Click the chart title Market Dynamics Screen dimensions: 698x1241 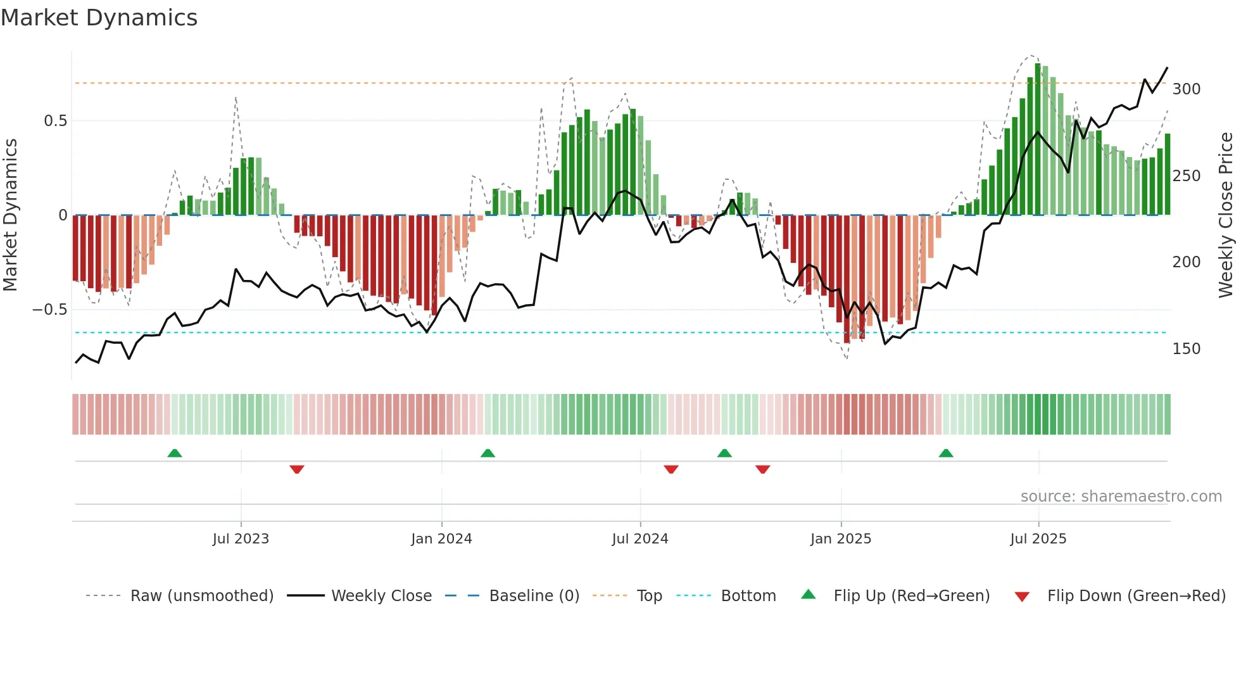99,18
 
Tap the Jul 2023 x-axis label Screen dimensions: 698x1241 241,539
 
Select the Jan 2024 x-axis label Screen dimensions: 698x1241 441,539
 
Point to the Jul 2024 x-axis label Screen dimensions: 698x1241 640,539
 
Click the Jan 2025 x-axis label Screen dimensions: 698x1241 841,539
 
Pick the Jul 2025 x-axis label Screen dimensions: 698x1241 1038,539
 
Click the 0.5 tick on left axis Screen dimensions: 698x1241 55,121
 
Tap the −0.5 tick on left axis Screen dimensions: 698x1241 50,310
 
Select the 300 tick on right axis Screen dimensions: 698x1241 1186,89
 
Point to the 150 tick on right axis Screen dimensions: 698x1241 1186,349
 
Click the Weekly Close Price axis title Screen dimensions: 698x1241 1226,215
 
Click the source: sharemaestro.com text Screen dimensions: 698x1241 1121,497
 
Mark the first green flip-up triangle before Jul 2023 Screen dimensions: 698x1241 175,453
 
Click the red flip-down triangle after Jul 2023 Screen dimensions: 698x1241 297,469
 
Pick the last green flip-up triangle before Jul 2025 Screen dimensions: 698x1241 946,453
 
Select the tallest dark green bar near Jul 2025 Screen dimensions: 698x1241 1038,139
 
